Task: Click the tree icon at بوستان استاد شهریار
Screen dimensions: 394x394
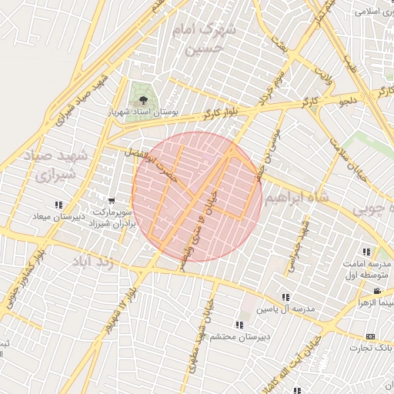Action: [141, 99]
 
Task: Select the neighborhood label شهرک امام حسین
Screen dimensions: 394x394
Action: [205, 38]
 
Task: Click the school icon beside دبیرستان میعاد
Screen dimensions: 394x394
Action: [58, 205]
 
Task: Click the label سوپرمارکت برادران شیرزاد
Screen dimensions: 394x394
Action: [114, 216]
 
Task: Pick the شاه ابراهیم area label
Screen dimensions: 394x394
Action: [294, 199]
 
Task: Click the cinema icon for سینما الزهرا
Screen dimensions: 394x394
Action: [377, 291]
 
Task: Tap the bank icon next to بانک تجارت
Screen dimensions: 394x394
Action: [371, 337]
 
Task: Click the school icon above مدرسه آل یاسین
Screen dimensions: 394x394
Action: [285, 297]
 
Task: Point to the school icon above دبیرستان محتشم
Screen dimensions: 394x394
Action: [239, 325]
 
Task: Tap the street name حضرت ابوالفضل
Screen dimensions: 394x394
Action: [162, 163]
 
